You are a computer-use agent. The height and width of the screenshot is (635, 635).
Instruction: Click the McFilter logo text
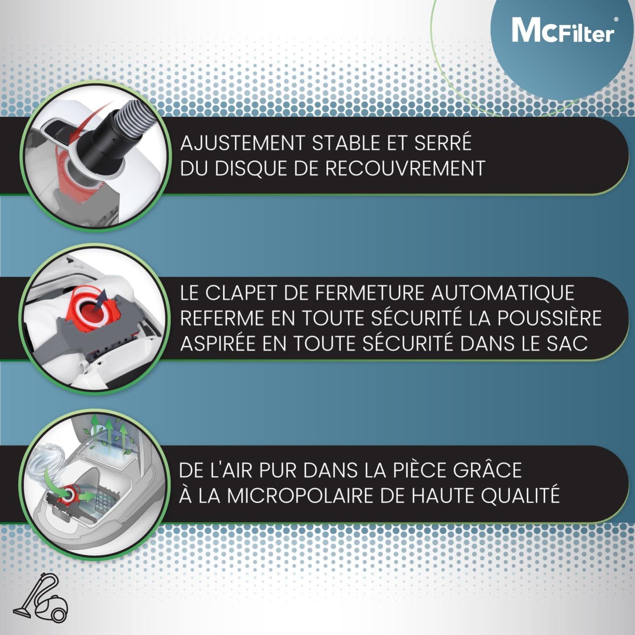point(563,31)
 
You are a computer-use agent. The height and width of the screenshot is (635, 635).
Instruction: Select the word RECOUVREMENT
point(405,169)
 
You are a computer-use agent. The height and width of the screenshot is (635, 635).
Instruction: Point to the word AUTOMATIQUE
point(503,293)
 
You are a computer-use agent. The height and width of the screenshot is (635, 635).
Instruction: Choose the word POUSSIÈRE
point(549,318)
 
